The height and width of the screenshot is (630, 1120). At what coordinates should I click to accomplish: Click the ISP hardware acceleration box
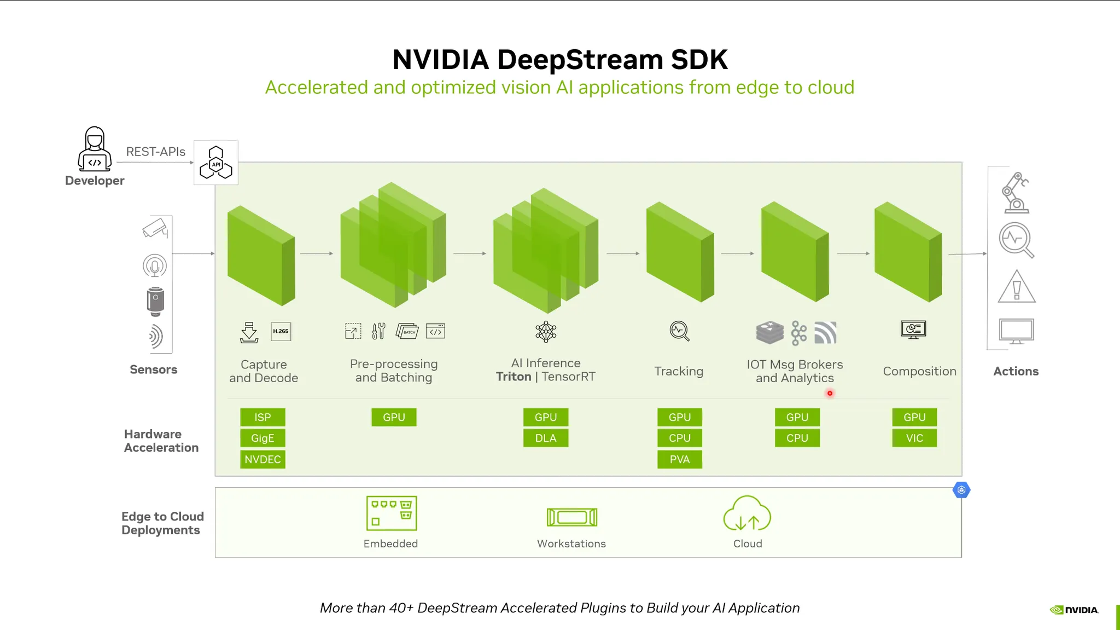click(x=262, y=417)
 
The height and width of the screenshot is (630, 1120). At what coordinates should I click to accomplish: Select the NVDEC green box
click(x=262, y=459)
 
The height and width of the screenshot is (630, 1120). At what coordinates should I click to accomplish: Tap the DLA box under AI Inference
click(x=546, y=438)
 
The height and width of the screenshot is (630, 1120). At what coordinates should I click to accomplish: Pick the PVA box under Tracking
click(x=680, y=459)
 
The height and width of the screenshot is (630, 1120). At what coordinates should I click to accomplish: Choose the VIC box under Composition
click(x=914, y=438)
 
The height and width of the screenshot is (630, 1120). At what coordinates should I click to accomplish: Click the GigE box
click(x=262, y=438)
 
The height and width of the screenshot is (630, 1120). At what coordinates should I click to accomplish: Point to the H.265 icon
click(x=281, y=331)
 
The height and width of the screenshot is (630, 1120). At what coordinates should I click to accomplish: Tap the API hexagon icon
click(x=216, y=163)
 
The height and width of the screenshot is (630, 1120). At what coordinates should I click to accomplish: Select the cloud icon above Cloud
click(x=747, y=514)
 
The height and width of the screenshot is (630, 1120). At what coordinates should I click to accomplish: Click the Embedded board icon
click(x=392, y=513)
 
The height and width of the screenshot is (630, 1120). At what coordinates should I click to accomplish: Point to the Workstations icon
click(x=572, y=517)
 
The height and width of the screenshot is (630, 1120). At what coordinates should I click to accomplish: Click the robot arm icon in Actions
click(x=1016, y=193)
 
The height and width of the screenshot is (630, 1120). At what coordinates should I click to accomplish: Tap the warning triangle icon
click(x=1017, y=287)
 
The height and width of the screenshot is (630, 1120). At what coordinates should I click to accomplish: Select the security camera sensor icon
click(x=155, y=228)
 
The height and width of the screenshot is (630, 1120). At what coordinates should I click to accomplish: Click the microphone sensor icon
click(x=155, y=266)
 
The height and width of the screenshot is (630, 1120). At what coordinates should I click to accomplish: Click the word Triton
click(x=514, y=377)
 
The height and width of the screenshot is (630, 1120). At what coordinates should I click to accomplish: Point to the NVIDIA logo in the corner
click(x=1074, y=610)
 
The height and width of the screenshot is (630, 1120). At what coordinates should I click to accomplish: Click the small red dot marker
click(x=830, y=393)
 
